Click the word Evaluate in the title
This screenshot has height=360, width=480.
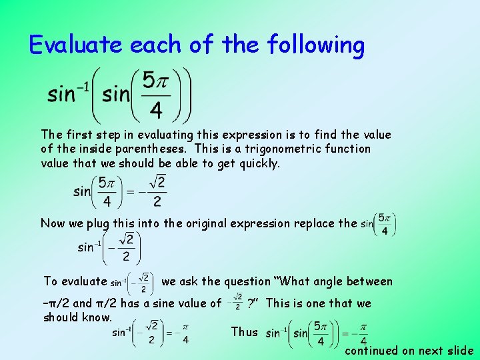77,45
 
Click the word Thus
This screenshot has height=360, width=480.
245,332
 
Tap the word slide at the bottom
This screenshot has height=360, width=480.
459,351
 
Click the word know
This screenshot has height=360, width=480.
98,317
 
